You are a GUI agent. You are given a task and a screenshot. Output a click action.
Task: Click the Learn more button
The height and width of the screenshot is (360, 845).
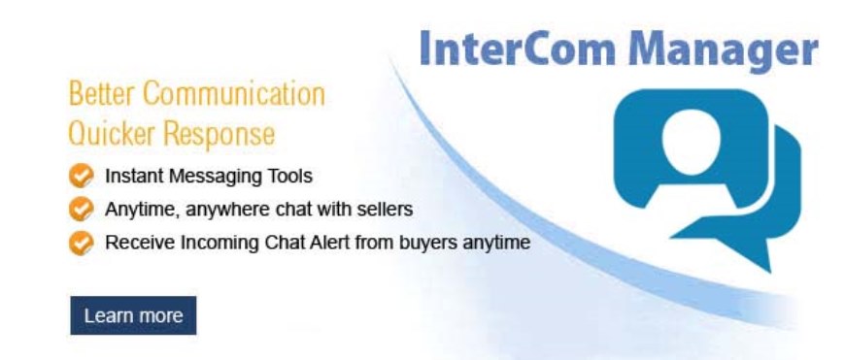133,315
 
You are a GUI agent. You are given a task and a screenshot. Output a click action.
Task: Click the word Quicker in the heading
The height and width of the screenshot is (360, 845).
104,131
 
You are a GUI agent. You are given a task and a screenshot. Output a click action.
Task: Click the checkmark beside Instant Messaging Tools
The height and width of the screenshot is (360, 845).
83,178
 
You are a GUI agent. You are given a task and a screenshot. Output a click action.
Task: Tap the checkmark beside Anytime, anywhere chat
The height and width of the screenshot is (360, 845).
83,209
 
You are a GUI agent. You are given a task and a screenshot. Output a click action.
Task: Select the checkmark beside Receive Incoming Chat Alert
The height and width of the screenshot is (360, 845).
83,243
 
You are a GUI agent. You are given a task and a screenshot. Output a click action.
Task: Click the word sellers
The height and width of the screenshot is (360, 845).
386,209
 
